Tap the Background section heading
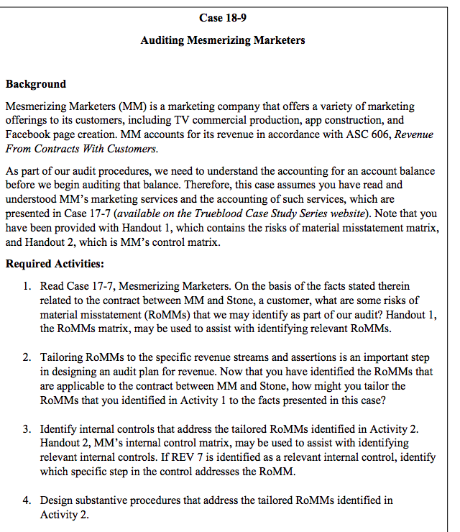tap(36, 84)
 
